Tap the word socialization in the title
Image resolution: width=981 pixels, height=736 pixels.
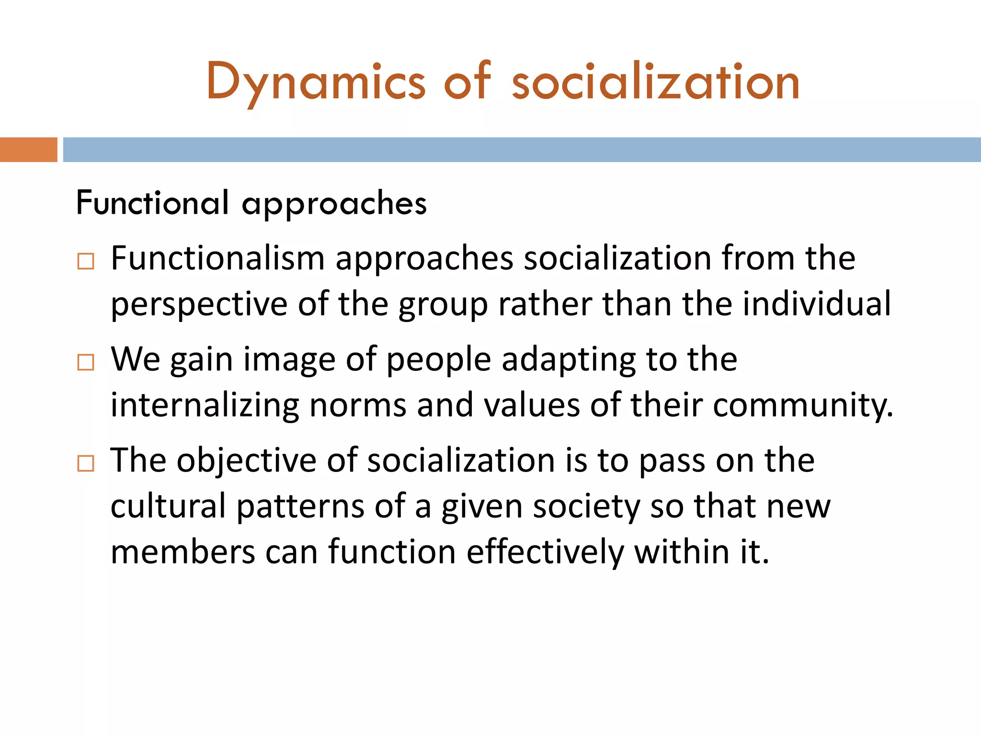[655, 82]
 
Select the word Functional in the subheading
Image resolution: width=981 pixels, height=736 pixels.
[152, 203]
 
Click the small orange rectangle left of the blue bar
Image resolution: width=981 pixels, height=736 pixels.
[28, 149]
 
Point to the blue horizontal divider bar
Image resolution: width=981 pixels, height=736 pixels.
[522, 149]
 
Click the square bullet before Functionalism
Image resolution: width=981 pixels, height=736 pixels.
[86, 262]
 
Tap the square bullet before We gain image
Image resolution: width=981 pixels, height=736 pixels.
[86, 363]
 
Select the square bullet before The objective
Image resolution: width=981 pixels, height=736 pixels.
[86, 464]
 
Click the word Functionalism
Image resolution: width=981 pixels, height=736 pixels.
[218, 259]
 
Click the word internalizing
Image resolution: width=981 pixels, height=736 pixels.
[205, 406]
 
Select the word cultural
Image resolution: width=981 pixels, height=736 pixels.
[168, 506]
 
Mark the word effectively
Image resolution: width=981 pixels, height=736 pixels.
[545, 552]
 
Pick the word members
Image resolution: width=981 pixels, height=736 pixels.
[183, 552]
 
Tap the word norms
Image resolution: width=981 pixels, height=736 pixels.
[358, 406]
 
